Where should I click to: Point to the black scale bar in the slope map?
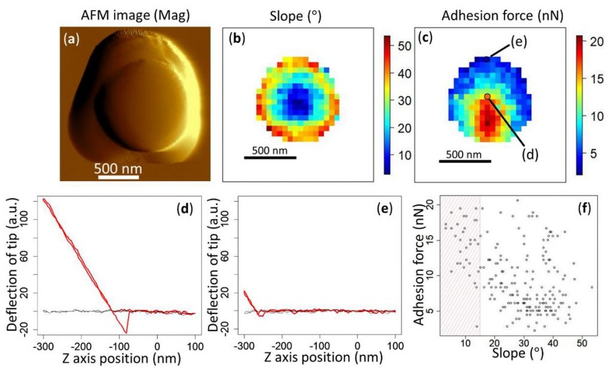pyautogui.click(x=270, y=158)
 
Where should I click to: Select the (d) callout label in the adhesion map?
pyautogui.click(x=531, y=154)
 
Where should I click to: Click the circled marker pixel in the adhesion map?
pyautogui.click(x=488, y=96)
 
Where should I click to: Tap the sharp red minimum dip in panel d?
pyautogui.click(x=126, y=333)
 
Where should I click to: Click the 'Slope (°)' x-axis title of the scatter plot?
pyautogui.click(x=518, y=353)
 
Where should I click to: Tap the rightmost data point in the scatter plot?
pyautogui.click(x=592, y=287)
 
